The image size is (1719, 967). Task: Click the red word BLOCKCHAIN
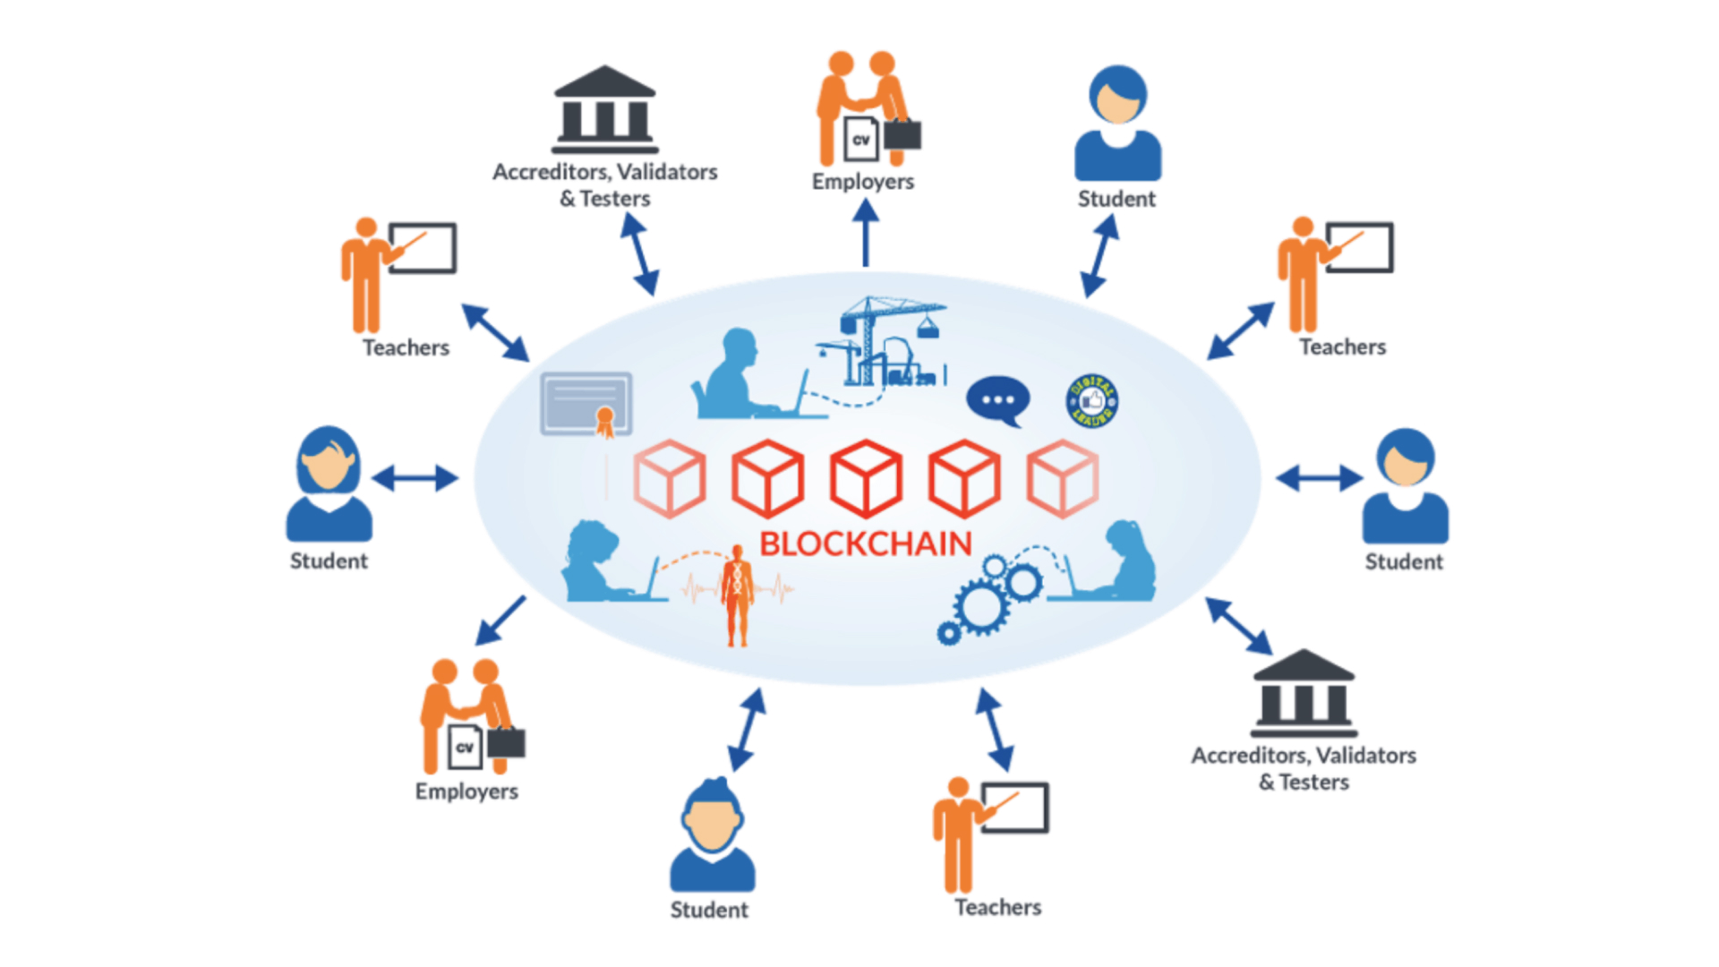pyautogui.click(x=865, y=543)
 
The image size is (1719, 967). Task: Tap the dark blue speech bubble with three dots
pyautogui.click(x=997, y=400)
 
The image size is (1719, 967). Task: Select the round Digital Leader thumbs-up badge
pyautogui.click(x=1091, y=400)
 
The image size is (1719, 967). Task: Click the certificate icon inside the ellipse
pyautogui.click(x=586, y=405)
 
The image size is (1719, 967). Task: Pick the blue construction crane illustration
pyautogui.click(x=882, y=341)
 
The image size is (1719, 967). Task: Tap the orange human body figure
pyautogui.click(x=738, y=595)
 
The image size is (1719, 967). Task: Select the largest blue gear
pyautogui.click(x=981, y=607)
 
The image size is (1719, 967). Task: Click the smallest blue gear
pyautogui.click(x=948, y=634)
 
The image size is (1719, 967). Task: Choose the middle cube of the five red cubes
pyautogui.click(x=866, y=478)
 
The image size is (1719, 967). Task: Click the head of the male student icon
pyautogui.click(x=712, y=816)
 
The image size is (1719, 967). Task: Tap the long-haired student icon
pyautogui.click(x=329, y=483)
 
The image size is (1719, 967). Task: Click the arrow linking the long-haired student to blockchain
pyautogui.click(x=415, y=478)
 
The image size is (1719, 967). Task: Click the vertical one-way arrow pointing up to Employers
pyautogui.click(x=865, y=233)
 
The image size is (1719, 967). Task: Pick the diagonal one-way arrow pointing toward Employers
pyautogui.click(x=500, y=620)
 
